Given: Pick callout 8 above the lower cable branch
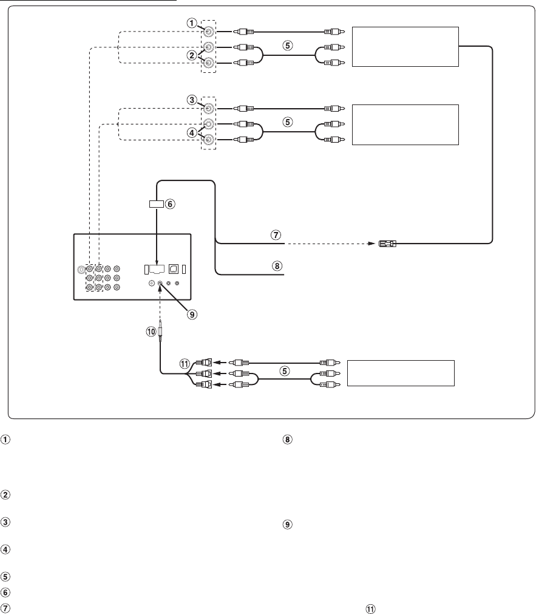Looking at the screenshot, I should [276, 266].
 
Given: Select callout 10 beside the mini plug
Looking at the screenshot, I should [150, 332].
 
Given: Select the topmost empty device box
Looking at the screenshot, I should [405, 47].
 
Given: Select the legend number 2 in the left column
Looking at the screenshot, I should [5, 494].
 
